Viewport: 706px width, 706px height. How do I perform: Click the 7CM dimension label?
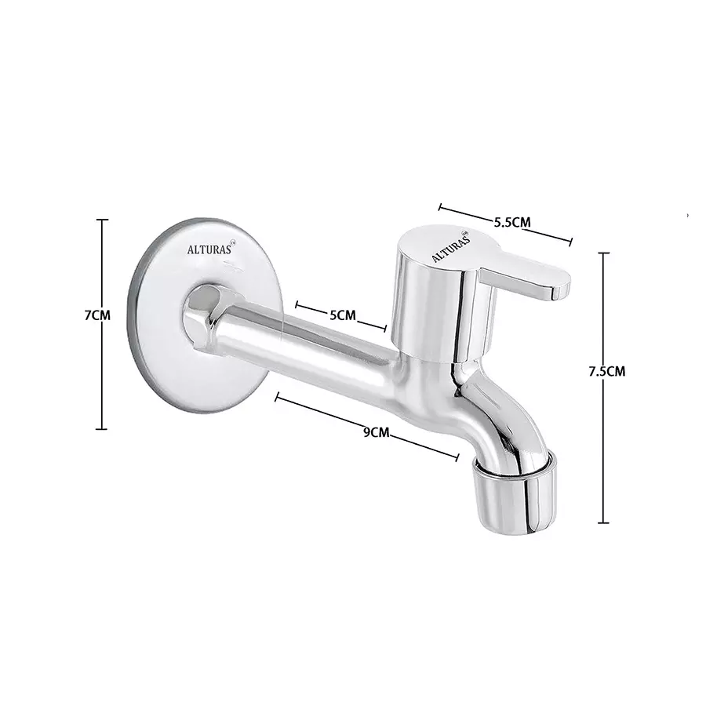98,316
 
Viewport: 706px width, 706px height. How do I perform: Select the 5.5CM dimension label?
512,222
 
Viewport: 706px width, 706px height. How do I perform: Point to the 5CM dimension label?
342,315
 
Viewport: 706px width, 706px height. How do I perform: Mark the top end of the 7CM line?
101,220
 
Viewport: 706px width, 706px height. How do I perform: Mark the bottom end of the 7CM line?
101,428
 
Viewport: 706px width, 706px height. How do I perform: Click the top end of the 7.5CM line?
603,253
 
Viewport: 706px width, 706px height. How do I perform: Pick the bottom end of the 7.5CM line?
603,522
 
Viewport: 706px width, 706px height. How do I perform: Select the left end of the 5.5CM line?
440,208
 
